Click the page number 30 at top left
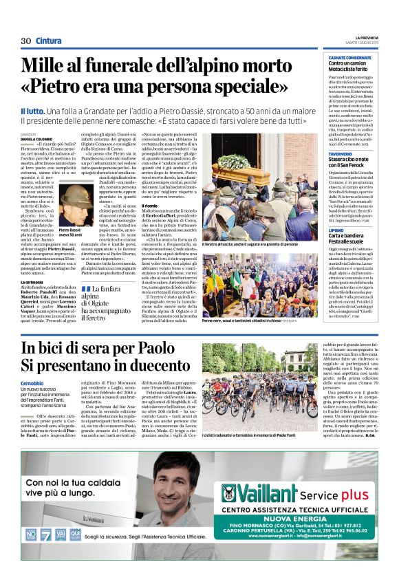click(25, 41)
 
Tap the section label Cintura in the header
click(48, 41)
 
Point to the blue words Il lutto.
click(34, 111)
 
